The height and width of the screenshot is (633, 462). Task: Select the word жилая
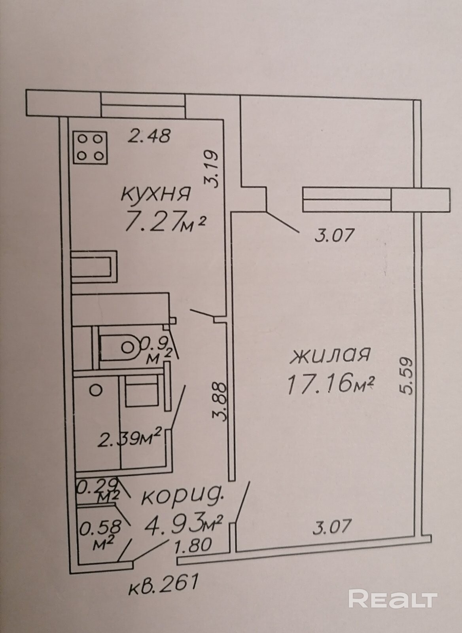point(330,356)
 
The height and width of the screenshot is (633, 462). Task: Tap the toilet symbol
point(119,348)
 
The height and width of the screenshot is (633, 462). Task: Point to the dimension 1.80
point(193,536)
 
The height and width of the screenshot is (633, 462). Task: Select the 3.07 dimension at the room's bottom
point(333,519)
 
